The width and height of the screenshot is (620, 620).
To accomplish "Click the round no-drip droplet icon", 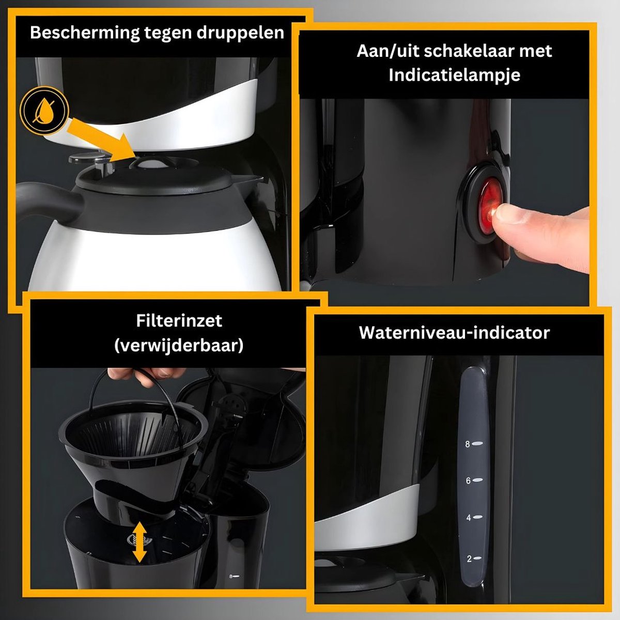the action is (x=44, y=111).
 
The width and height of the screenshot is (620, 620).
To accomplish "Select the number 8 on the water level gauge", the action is (x=468, y=444).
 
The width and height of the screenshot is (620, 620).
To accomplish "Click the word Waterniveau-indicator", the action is (x=454, y=333).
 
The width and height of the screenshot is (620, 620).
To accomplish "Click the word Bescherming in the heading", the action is (x=85, y=34).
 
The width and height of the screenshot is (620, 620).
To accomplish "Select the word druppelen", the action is (x=240, y=34).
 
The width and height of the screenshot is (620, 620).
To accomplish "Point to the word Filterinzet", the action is (x=179, y=321).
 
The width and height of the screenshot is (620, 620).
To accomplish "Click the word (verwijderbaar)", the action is (x=179, y=346).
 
